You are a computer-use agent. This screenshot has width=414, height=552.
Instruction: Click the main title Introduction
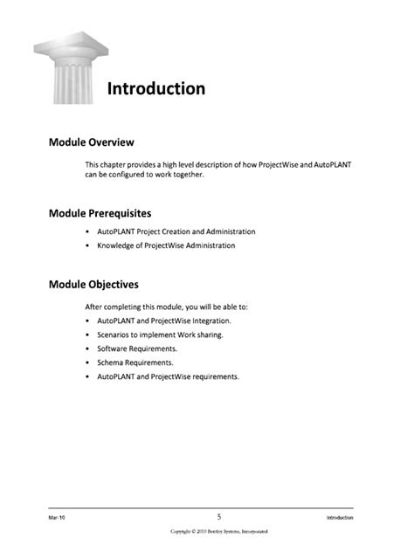tap(155, 89)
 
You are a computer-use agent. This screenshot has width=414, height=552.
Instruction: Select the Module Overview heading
tap(91, 142)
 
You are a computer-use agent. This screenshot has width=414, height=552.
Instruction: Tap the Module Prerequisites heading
tap(100, 212)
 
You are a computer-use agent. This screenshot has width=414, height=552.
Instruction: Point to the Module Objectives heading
tap(93, 285)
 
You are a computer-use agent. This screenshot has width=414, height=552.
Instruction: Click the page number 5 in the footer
tap(219, 516)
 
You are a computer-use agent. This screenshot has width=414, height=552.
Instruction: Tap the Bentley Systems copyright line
tap(219, 531)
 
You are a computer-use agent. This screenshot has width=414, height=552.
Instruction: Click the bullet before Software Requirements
tap(88, 348)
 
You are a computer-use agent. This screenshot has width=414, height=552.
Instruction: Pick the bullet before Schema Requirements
tap(88, 362)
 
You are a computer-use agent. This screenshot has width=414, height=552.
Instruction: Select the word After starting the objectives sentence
tap(93, 307)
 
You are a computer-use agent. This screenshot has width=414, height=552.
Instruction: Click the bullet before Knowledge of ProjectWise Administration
tap(88, 245)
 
